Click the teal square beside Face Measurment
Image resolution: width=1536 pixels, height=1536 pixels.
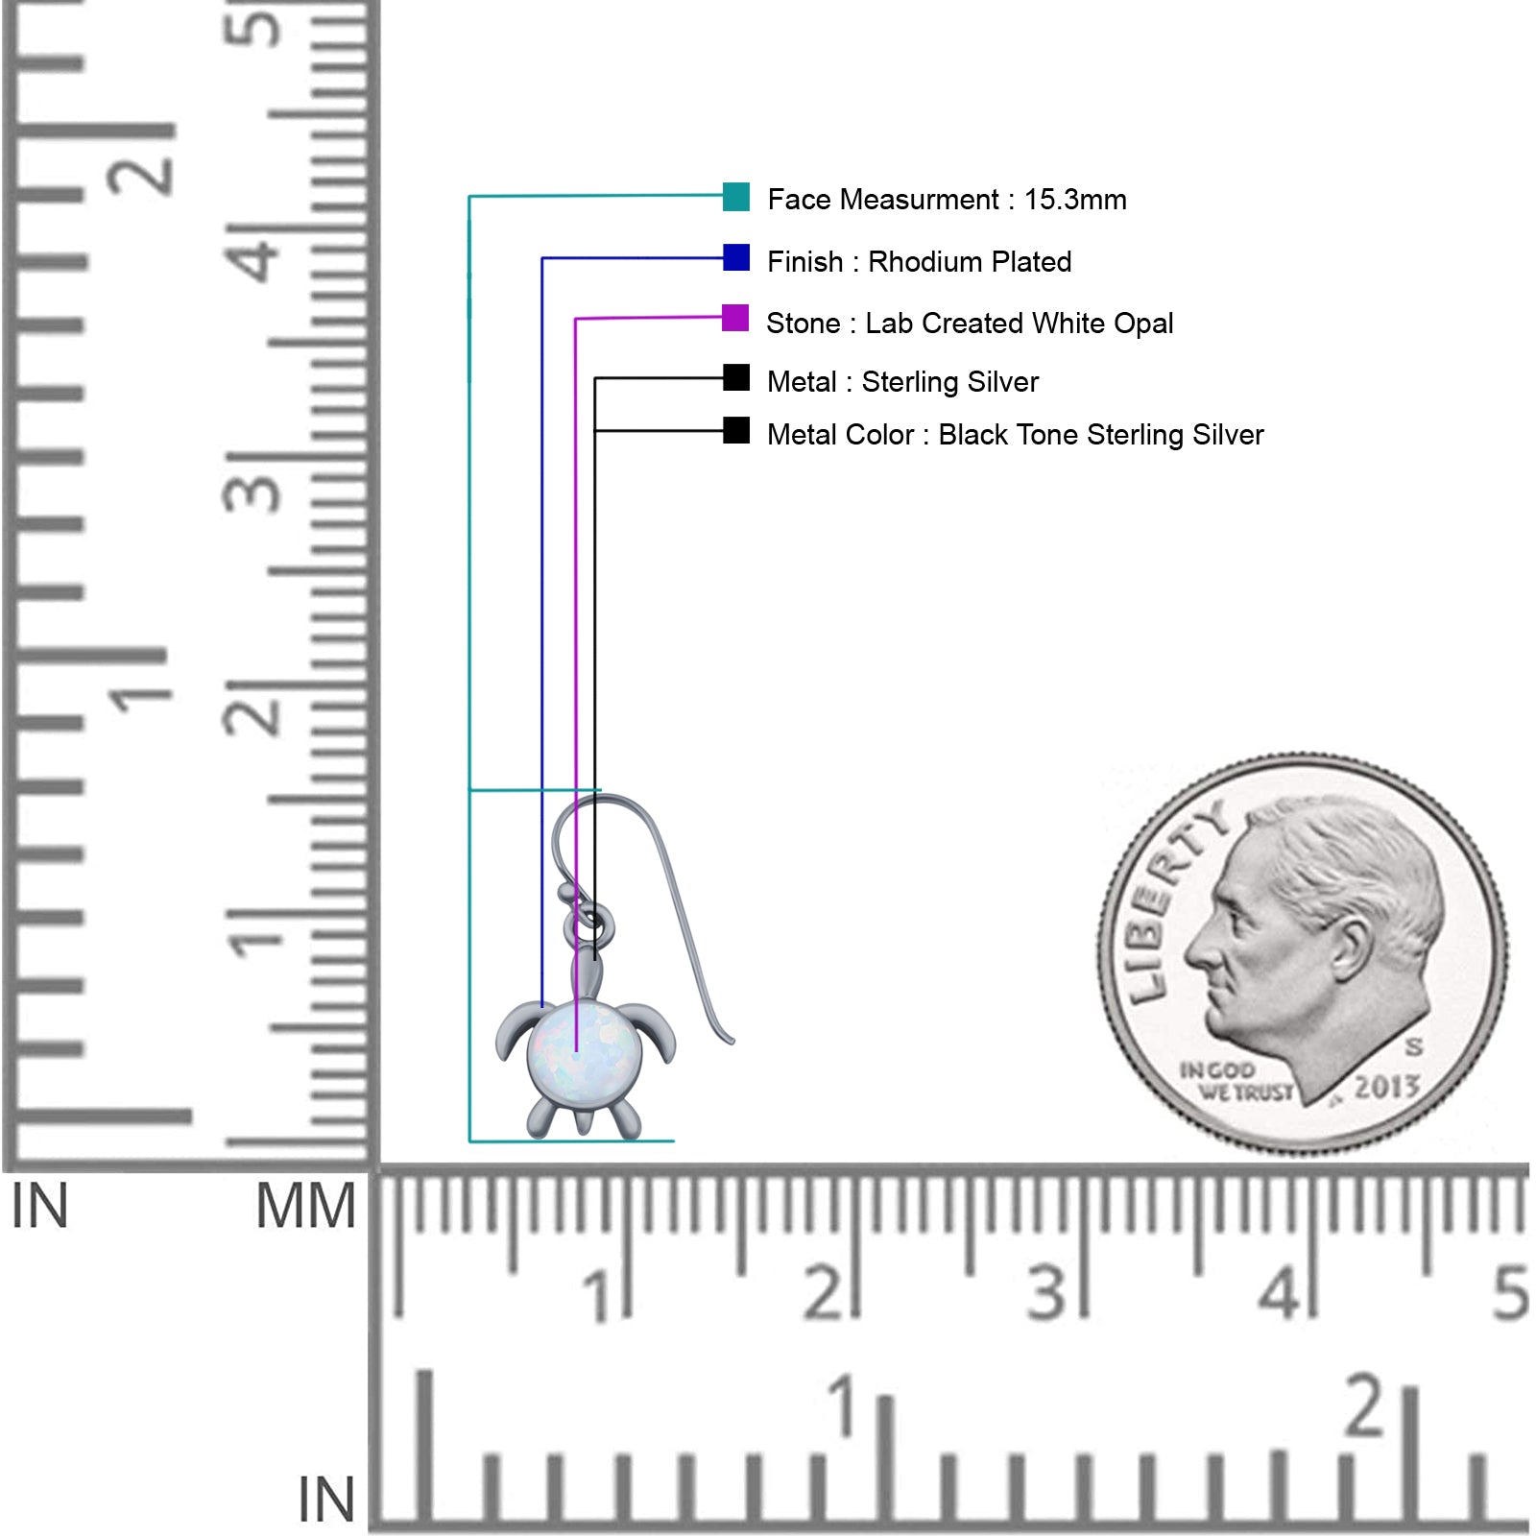736,197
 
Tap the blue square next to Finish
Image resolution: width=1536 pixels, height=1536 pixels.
736,258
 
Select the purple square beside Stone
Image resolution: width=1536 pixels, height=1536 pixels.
735,318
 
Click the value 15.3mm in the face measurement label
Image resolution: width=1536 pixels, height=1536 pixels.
1075,200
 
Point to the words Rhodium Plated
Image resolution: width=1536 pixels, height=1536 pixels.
970,262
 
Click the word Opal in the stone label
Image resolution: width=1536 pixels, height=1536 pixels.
1143,324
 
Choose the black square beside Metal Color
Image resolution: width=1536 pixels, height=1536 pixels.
736,431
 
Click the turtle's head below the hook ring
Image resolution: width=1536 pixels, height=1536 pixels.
587,972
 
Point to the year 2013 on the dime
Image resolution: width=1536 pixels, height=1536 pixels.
1386,1088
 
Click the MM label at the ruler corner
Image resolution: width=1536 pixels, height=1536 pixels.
305,1206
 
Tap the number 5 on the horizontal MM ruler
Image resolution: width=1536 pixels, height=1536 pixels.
1509,1293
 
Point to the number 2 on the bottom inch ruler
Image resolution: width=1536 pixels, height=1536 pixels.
1364,1406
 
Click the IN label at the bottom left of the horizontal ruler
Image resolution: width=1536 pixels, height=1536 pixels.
326,1499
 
